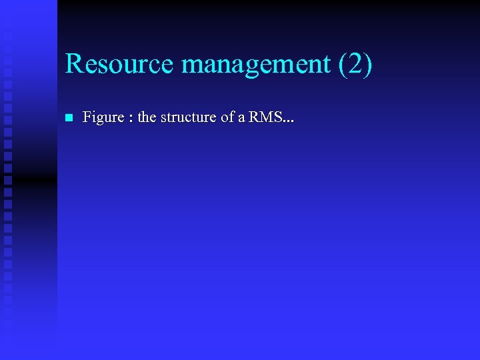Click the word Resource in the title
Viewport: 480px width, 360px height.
(119, 64)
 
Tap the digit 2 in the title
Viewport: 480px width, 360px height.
(357, 64)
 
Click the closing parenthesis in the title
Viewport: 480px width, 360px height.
(369, 64)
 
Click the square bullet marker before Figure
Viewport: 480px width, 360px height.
(69, 118)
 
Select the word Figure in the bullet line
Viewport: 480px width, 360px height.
(103, 118)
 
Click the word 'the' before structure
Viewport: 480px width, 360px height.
(147, 118)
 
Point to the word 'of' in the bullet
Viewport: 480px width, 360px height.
(228, 118)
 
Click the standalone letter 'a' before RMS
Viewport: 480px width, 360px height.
(242, 119)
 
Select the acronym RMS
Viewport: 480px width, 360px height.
(265, 118)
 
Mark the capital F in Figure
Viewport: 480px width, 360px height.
(87, 118)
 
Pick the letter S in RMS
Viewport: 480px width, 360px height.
(277, 118)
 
